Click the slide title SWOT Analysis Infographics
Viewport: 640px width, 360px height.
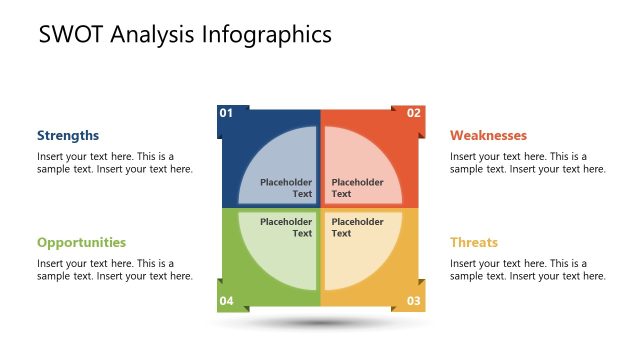[x=185, y=35]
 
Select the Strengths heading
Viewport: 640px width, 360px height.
[x=68, y=135]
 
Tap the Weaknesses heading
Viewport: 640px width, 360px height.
[x=488, y=135]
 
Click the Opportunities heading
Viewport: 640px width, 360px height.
[x=81, y=242]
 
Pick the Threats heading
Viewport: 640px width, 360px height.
[x=473, y=242]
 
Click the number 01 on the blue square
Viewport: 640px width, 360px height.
[x=226, y=113]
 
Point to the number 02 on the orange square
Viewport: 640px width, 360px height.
[x=413, y=113]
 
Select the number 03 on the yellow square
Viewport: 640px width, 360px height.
[x=413, y=301]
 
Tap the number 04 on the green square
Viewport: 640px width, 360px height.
[x=226, y=301]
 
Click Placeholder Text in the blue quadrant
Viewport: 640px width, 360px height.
[x=287, y=188]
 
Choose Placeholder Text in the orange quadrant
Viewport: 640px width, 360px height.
[x=357, y=188]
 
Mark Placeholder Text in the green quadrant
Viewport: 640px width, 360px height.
[x=287, y=227]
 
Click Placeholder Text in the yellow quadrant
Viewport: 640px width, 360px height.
[x=357, y=227]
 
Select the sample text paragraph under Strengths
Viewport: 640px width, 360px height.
[x=114, y=163]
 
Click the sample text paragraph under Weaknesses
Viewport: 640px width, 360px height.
[x=527, y=163]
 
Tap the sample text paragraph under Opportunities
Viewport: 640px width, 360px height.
[x=114, y=270]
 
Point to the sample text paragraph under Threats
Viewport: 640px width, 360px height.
[x=527, y=270]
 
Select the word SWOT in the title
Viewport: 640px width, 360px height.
[x=71, y=35]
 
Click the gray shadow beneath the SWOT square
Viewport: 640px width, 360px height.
[x=320, y=324]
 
